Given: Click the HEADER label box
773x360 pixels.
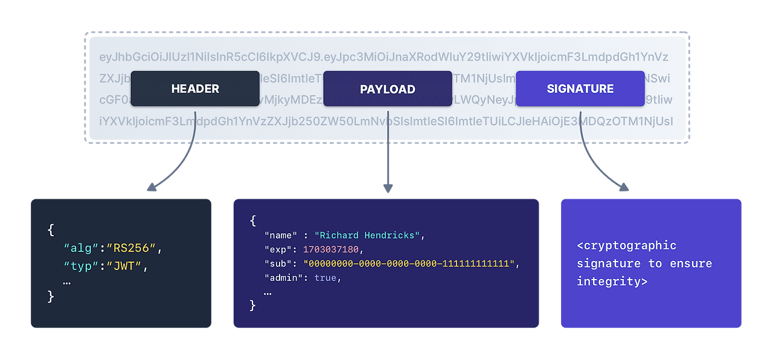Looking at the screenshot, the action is [x=195, y=89].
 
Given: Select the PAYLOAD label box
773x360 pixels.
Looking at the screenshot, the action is [x=388, y=89].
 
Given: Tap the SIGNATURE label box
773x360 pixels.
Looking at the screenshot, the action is [x=580, y=89].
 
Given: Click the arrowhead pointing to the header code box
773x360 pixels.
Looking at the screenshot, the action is [x=152, y=187].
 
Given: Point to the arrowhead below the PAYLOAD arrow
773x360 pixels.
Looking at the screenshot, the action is [x=388, y=188].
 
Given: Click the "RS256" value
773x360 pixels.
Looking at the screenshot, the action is [x=131, y=248].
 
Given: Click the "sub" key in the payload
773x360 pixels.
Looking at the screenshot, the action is [x=278, y=264].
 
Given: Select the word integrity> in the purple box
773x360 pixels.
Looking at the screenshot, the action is [x=612, y=281].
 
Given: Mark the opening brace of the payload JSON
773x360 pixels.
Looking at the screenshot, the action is [x=252, y=221].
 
